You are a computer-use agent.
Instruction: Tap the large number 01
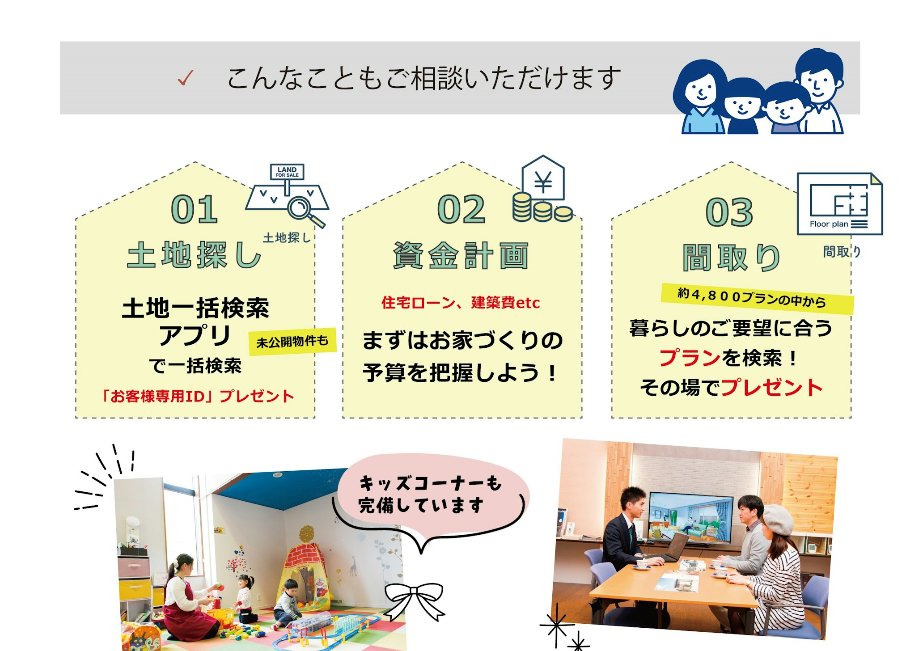[x=195, y=209]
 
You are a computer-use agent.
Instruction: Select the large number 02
[x=461, y=209]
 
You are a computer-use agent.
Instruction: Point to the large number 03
[x=729, y=212]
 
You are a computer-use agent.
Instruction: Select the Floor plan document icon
[x=840, y=204]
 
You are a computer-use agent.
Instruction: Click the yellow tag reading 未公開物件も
[x=292, y=342]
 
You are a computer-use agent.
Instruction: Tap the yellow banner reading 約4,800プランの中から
[x=758, y=298]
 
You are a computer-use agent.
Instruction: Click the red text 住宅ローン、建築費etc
[x=461, y=303]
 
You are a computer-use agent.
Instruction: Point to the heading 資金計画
[x=461, y=256]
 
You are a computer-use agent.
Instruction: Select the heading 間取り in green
[x=731, y=258]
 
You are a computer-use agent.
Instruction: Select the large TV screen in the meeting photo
[x=691, y=518]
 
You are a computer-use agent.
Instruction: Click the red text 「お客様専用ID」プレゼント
[x=197, y=396]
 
